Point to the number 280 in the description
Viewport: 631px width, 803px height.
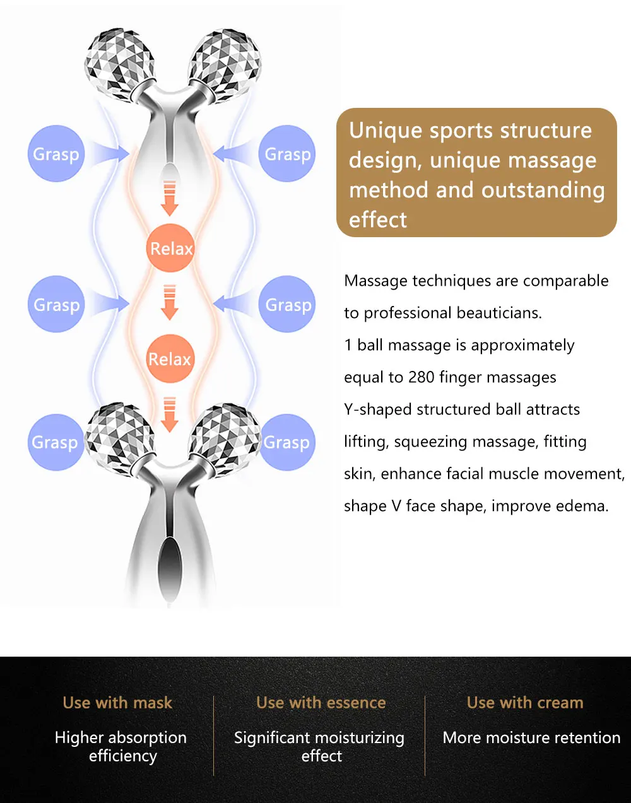tap(422, 377)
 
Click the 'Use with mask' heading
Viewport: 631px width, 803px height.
tap(117, 703)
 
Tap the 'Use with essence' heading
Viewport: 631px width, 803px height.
tap(321, 703)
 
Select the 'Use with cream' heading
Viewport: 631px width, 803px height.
tap(525, 703)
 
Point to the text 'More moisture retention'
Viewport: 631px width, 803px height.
tap(531, 737)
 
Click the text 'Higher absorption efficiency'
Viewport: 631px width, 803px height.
tap(121, 746)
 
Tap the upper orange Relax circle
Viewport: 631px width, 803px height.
tap(170, 248)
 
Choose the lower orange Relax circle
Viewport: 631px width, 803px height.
tap(170, 359)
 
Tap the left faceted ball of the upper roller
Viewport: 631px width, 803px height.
tap(119, 63)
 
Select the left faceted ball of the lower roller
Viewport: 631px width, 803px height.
tap(120, 436)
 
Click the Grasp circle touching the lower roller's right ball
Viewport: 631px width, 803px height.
tap(287, 442)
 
